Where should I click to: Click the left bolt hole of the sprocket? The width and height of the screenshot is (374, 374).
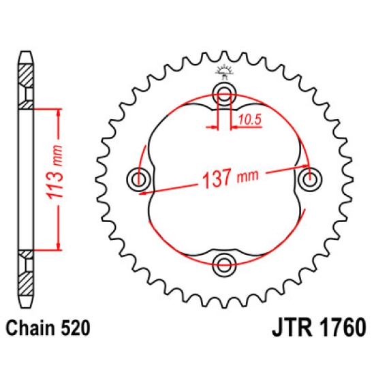pyautogui.click(x=139, y=179)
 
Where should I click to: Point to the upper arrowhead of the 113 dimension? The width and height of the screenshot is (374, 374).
pyautogui.click(x=60, y=112)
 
